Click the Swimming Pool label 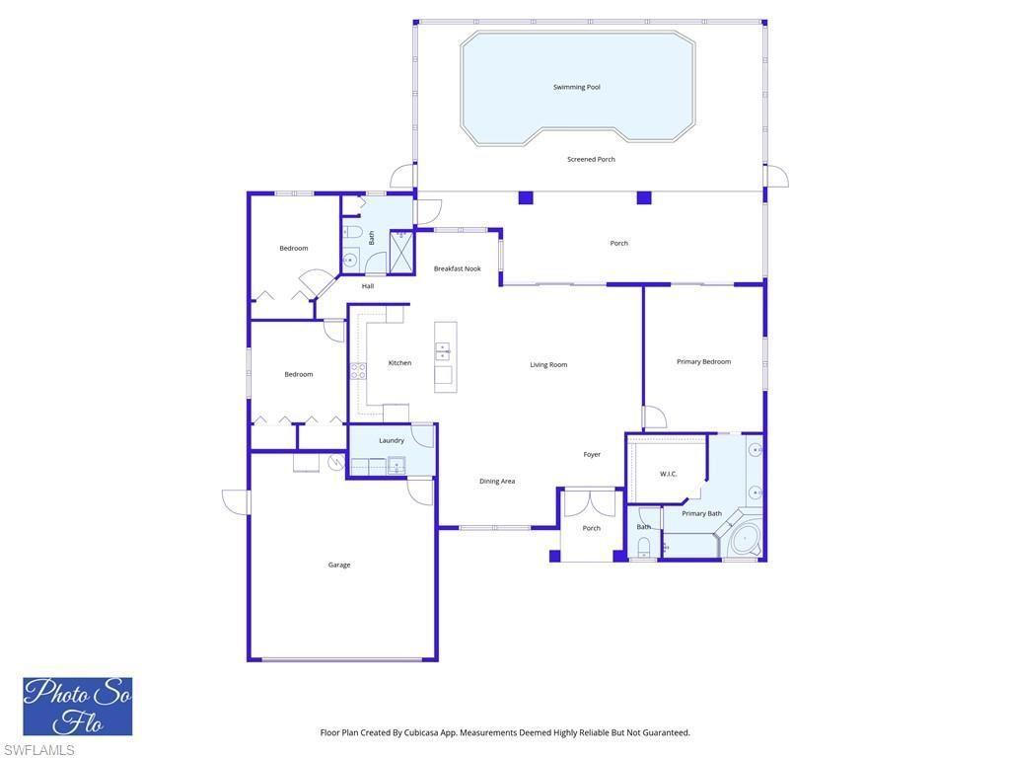pyautogui.click(x=576, y=87)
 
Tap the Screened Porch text pyautogui.click(x=591, y=159)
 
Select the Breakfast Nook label pyautogui.click(x=457, y=268)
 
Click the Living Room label pyautogui.click(x=548, y=364)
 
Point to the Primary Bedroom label pyautogui.click(x=703, y=361)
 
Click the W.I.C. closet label pyautogui.click(x=668, y=474)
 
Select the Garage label pyautogui.click(x=339, y=565)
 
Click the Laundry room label pyautogui.click(x=391, y=440)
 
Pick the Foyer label pyautogui.click(x=592, y=454)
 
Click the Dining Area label pyautogui.click(x=497, y=481)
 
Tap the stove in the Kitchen pyautogui.click(x=358, y=371)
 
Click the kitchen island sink pyautogui.click(x=443, y=350)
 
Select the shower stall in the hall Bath pyautogui.click(x=401, y=252)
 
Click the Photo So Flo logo pyautogui.click(x=78, y=706)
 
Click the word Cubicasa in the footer pyautogui.click(x=423, y=732)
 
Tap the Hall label pyautogui.click(x=367, y=286)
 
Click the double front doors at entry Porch pyautogui.click(x=590, y=502)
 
